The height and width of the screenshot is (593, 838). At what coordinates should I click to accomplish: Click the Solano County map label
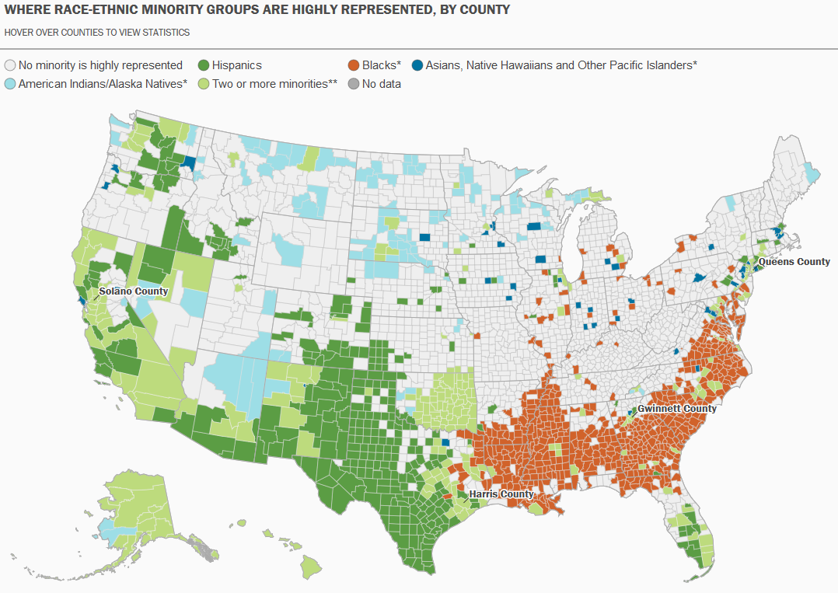click(x=133, y=291)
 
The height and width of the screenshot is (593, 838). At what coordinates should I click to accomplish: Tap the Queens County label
click(x=794, y=262)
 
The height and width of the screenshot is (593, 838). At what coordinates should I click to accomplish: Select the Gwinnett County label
click(x=677, y=409)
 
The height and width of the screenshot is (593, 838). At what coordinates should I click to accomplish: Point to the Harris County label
click(x=501, y=494)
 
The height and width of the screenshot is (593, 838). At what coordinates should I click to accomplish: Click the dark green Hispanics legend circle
click(x=204, y=66)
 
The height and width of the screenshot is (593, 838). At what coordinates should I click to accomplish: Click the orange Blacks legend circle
click(x=354, y=66)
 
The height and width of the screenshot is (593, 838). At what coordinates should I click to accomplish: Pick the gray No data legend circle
click(x=354, y=84)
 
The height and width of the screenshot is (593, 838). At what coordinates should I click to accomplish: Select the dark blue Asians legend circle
click(x=417, y=66)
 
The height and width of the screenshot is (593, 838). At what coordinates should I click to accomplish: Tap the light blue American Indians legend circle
click(x=10, y=84)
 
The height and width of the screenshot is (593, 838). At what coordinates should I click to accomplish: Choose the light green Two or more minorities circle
click(x=204, y=84)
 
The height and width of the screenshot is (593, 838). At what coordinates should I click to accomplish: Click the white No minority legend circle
click(x=10, y=66)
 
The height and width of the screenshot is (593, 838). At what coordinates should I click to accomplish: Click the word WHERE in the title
click(x=26, y=10)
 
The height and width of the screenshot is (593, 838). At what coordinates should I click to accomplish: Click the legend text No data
click(x=382, y=84)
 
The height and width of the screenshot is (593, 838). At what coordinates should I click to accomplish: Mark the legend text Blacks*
click(x=382, y=66)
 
